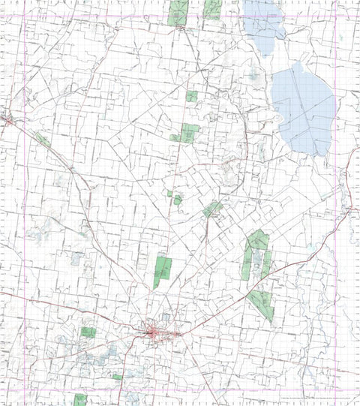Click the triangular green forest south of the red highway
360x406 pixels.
262,303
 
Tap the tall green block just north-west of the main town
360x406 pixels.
163,271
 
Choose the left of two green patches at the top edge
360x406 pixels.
178,12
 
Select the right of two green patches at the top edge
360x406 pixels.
212,9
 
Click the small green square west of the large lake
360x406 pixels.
192,96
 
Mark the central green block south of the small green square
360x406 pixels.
189,133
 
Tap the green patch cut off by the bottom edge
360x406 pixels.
80,399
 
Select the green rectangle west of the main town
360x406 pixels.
88,332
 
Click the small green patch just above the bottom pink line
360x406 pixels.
117,377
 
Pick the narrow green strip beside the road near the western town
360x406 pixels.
42,140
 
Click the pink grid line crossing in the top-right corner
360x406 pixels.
334,16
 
